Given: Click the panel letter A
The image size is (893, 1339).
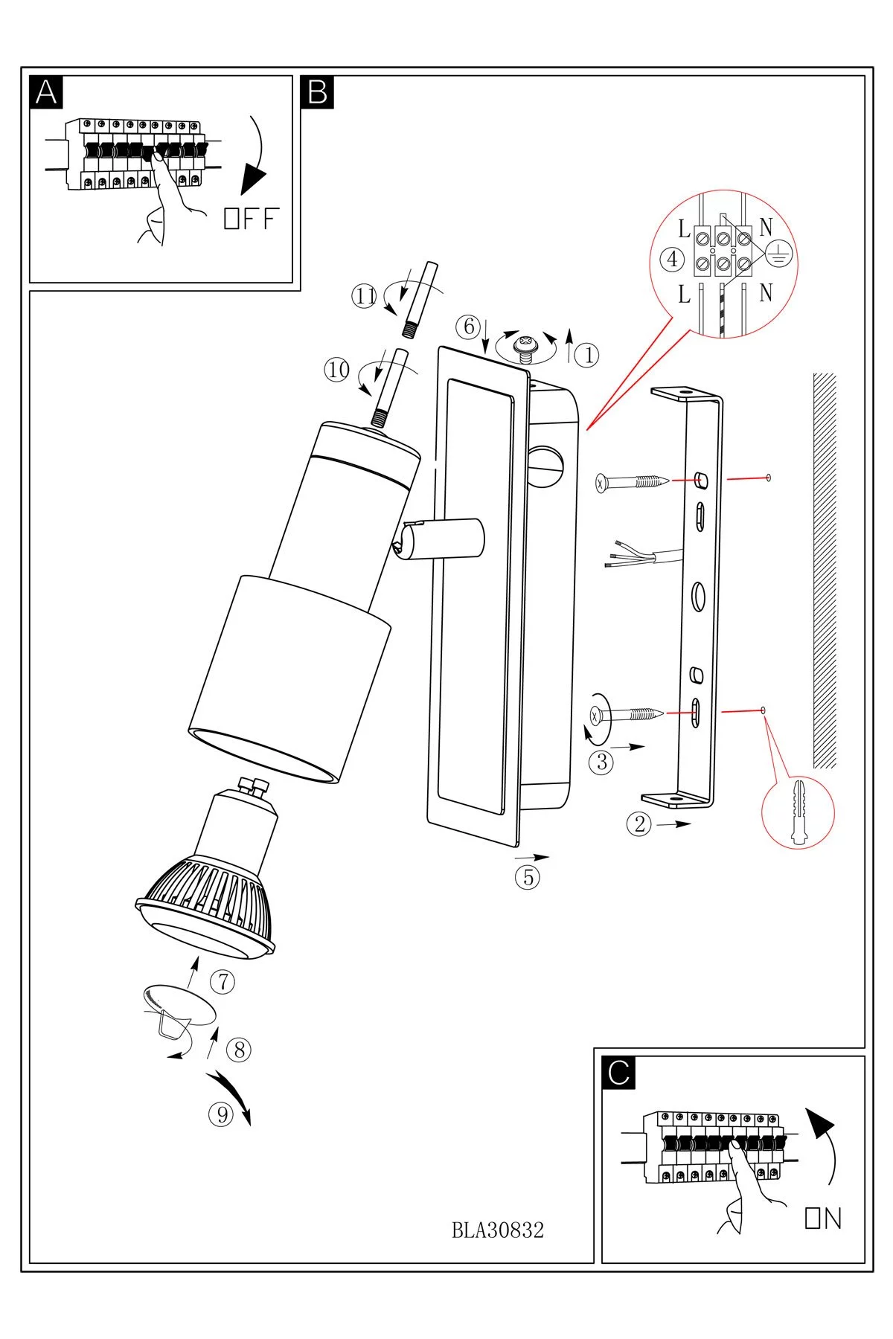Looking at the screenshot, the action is (46, 92).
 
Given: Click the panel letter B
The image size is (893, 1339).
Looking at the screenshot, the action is (318, 92).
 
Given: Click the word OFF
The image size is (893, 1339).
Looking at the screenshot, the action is (251, 219).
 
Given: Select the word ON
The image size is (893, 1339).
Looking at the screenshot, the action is (823, 1218).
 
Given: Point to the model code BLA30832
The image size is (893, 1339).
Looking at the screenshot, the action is (498, 1230).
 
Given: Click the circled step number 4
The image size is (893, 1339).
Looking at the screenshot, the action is (673, 259).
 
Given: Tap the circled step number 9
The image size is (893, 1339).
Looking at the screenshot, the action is (221, 1114).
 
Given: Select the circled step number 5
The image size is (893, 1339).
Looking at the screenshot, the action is (528, 878).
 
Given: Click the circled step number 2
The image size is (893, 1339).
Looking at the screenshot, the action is (638, 824).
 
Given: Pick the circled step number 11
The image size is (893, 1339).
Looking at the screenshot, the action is (365, 297).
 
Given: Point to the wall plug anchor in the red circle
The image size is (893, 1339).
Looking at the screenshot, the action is (798, 812).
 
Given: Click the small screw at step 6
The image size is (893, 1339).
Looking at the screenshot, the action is (527, 347).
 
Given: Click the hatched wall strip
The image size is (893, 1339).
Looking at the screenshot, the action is (825, 570).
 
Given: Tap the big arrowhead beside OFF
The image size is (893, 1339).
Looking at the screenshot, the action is (254, 179).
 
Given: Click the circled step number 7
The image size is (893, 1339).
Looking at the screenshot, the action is (223, 982).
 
